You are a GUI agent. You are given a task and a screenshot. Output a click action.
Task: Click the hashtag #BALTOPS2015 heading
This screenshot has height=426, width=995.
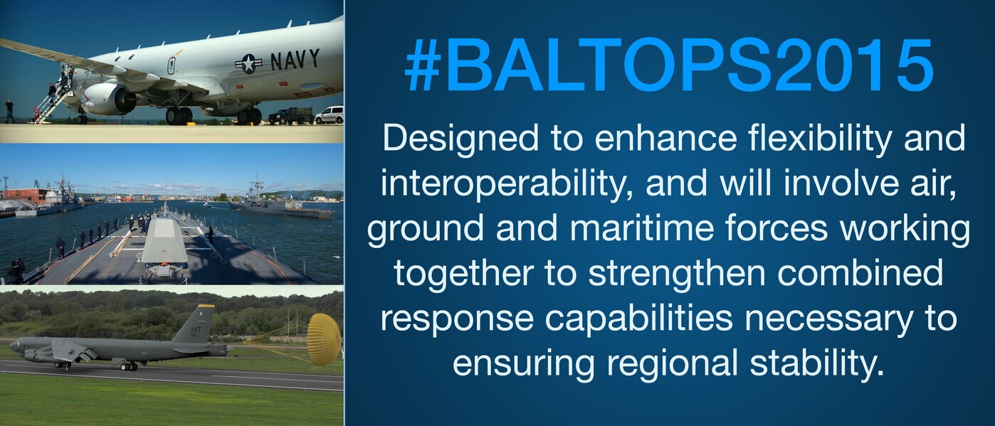click(x=669, y=65)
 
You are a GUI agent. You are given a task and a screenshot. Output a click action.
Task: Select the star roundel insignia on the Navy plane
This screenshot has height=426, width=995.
click(x=249, y=64)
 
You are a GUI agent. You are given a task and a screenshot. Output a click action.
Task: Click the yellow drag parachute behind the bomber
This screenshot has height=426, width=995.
click(x=325, y=339)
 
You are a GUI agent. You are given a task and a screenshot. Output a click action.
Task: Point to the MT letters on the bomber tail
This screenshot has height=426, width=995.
click(x=196, y=330)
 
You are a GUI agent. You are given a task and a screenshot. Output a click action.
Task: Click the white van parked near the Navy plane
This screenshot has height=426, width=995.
click(x=329, y=115)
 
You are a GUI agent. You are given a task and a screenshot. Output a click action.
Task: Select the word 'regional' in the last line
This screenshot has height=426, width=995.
click(x=672, y=365)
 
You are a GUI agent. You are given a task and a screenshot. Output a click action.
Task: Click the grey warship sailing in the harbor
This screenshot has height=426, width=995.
click(x=280, y=205)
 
